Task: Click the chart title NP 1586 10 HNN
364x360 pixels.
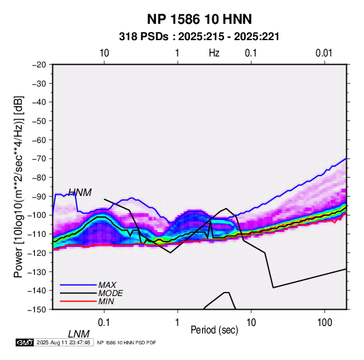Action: click(199, 19)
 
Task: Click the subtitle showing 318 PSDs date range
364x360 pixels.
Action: click(199, 37)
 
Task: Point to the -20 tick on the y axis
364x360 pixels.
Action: click(39, 65)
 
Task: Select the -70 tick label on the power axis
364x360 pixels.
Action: click(39, 159)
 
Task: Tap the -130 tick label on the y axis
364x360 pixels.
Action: click(37, 272)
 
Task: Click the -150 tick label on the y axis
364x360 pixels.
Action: click(37, 310)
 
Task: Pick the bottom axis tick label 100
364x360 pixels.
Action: click(325, 323)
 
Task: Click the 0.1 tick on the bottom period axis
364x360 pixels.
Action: click(104, 323)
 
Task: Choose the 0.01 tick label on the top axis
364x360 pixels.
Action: click(324, 53)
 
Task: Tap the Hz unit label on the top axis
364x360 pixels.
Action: click(214, 53)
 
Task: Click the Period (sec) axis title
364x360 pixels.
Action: click(214, 330)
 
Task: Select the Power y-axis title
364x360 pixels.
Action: click(18, 186)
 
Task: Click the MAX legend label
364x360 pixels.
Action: click(107, 285)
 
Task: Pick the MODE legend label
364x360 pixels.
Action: click(110, 293)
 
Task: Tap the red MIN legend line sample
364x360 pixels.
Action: click(78, 301)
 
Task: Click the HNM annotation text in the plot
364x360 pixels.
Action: click(80, 193)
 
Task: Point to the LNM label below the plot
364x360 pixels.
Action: click(79, 334)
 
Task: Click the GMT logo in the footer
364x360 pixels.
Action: click(25, 342)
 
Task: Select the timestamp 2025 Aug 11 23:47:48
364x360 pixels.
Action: click(63, 342)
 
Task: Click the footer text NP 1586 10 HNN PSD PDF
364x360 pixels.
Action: click(127, 343)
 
